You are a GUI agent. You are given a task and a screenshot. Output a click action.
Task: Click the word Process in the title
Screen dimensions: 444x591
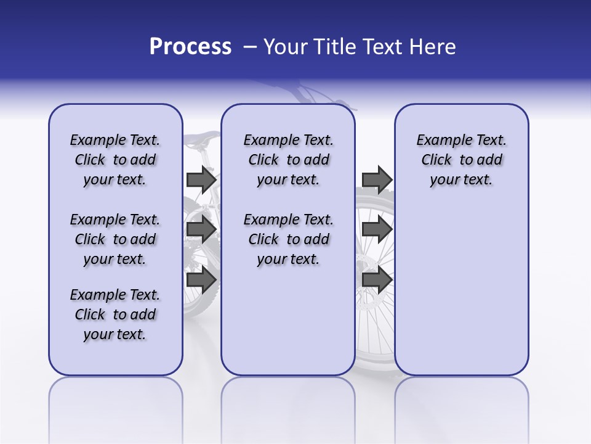190,47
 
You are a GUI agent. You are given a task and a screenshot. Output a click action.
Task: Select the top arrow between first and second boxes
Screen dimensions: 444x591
201,179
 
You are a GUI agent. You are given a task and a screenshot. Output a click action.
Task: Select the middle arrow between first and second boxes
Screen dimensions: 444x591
201,229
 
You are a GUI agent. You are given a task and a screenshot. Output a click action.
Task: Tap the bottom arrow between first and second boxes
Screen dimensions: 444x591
201,280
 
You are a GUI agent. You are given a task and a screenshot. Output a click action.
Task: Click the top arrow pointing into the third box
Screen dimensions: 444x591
377,179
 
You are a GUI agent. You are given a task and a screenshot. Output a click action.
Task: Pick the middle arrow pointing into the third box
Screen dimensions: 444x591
377,229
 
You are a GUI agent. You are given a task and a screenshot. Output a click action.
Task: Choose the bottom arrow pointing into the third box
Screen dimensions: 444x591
377,280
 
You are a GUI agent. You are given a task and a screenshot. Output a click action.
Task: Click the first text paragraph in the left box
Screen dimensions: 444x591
115,160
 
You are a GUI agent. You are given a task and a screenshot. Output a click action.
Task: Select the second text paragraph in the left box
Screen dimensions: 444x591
115,239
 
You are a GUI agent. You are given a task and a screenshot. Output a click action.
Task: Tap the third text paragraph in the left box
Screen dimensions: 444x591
115,314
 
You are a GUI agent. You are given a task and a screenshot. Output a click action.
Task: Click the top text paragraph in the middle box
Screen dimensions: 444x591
288,160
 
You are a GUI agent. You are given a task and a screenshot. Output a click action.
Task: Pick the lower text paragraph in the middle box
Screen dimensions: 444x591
288,239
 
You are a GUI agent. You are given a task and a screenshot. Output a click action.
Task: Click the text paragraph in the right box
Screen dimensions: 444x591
461,160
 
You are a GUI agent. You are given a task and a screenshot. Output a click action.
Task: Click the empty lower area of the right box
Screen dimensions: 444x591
461,290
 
